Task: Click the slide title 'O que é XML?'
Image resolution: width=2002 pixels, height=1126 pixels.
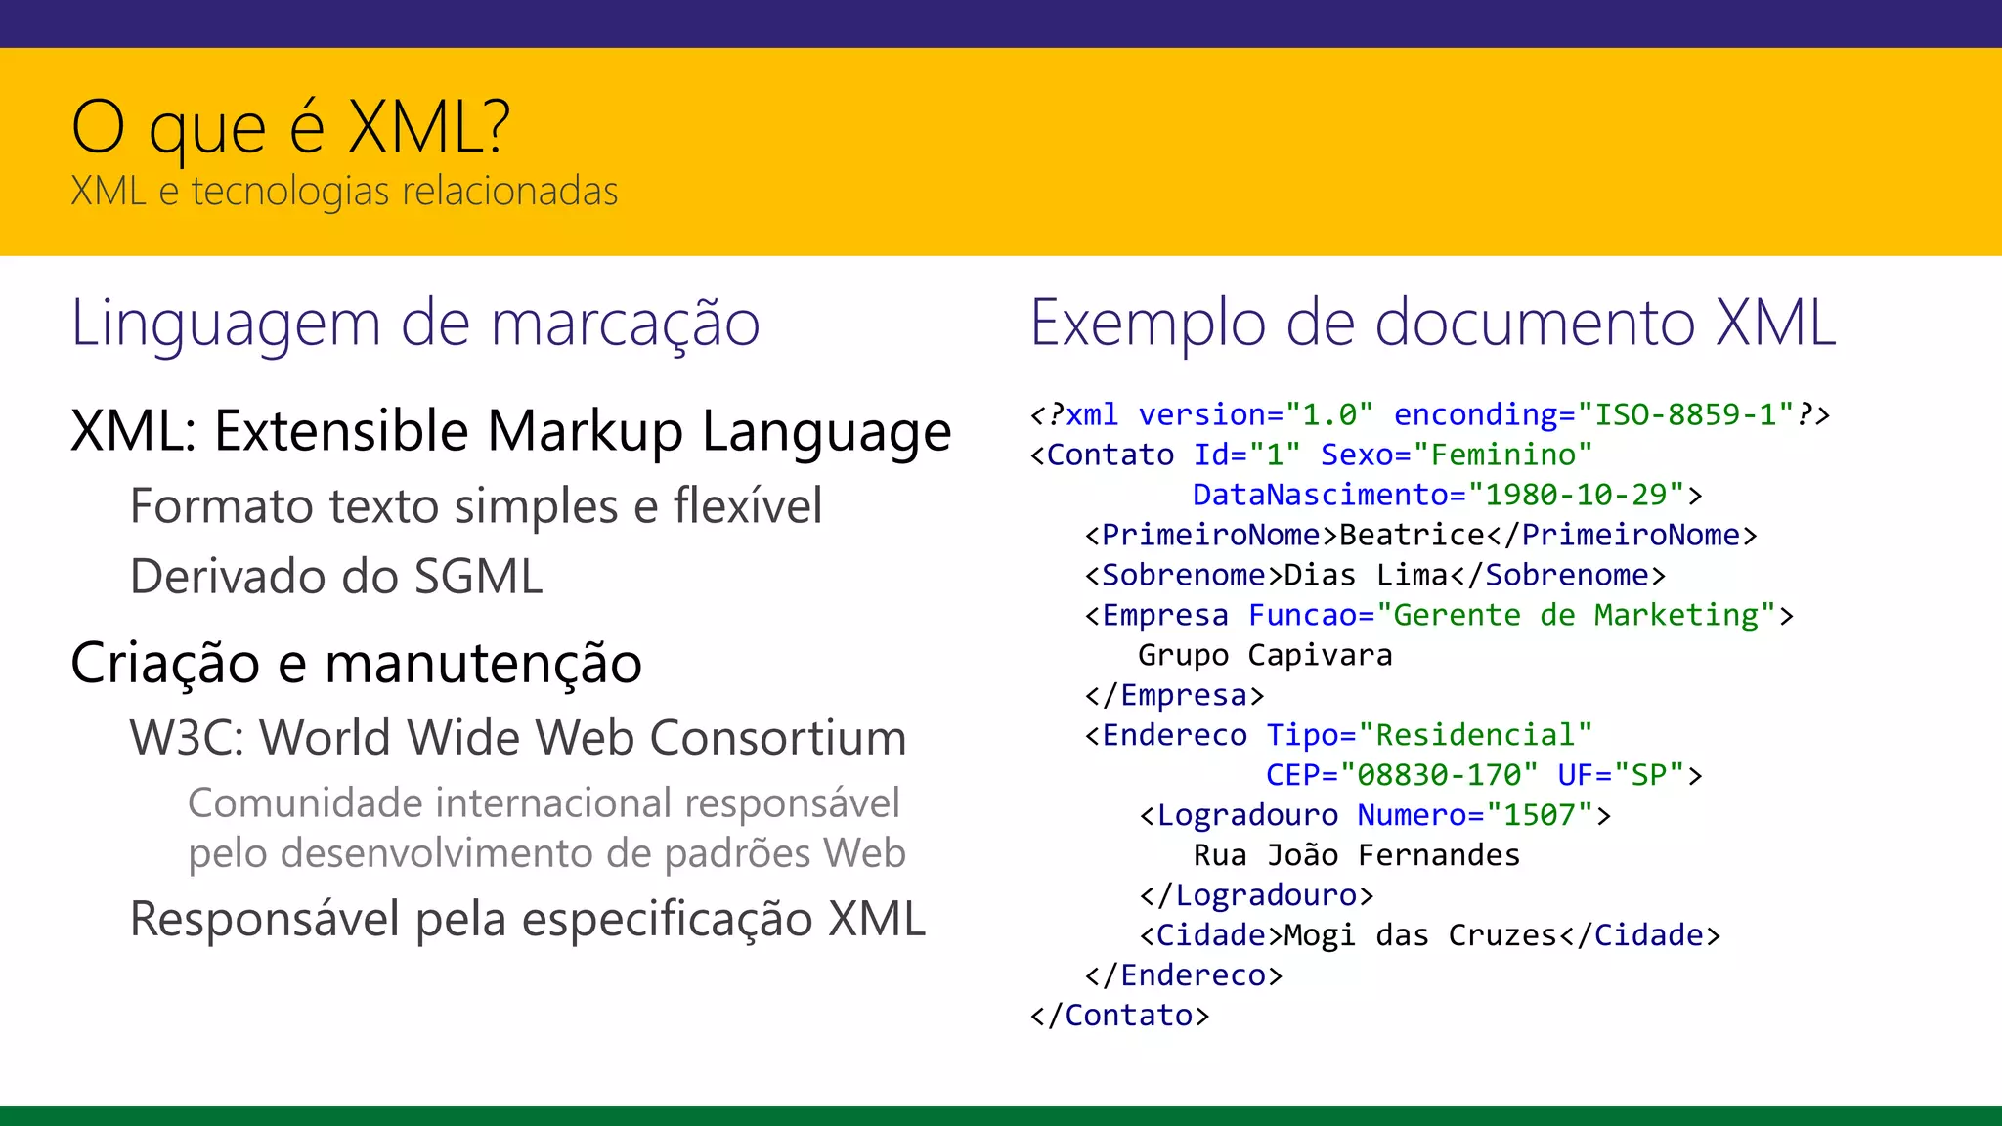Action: (290, 127)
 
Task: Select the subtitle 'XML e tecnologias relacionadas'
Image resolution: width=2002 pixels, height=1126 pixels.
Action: (344, 191)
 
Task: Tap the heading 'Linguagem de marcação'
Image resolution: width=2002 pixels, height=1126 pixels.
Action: (415, 324)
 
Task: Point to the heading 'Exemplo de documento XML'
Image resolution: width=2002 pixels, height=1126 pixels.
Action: (1433, 324)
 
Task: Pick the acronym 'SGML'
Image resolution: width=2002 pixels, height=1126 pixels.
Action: (478, 577)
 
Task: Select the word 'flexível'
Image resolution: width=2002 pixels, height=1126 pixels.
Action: (747, 506)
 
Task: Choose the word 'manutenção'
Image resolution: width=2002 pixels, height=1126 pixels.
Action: (483, 664)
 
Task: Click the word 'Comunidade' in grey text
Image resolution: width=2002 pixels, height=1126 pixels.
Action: (304, 803)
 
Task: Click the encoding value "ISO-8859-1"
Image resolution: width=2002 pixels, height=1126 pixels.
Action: (1686, 415)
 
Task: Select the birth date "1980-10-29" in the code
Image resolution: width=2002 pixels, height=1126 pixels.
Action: (1576, 496)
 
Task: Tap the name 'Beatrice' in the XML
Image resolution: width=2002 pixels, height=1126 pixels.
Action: (1412, 536)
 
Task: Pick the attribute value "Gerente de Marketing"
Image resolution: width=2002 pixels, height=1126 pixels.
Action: (1576, 616)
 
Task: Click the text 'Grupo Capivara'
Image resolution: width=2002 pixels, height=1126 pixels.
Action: (1265, 655)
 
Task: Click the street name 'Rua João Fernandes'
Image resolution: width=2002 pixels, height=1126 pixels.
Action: (1357, 856)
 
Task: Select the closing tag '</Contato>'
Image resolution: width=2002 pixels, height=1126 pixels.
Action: (1120, 1017)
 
